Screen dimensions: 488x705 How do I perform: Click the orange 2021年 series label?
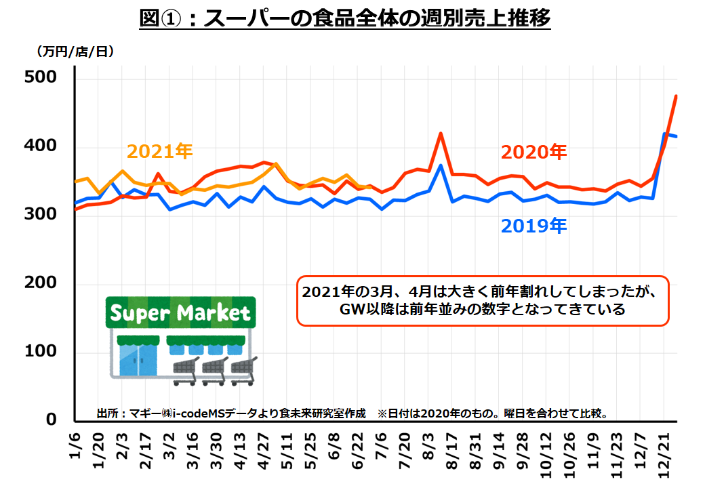click(x=159, y=151)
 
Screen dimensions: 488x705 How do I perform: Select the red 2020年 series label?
click(x=533, y=152)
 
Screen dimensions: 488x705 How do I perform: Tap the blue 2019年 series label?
click(x=533, y=226)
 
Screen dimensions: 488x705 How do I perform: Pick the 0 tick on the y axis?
click(x=51, y=420)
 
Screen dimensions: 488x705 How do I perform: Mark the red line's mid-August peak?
click(x=441, y=134)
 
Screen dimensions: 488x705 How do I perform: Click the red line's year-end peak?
click(x=677, y=96)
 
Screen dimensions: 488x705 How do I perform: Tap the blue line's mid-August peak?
click(x=441, y=165)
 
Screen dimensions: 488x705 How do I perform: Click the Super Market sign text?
click(x=180, y=314)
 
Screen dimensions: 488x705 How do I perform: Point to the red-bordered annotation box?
click(x=482, y=301)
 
